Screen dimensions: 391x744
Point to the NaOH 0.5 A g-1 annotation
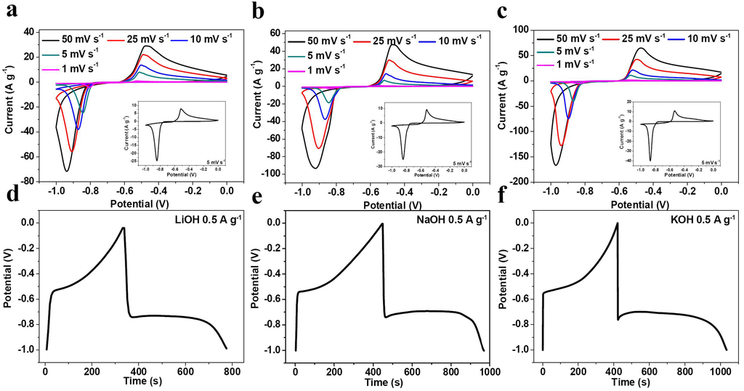(442, 217)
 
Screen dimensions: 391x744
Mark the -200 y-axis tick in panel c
(518, 181)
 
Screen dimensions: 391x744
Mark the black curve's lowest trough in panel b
(315, 169)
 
